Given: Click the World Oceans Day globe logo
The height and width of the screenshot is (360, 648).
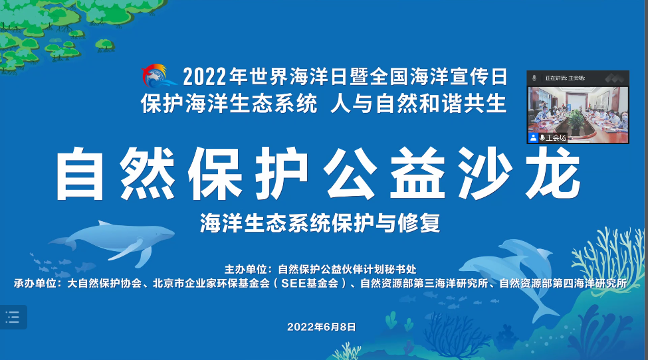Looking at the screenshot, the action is pyautogui.click(x=159, y=76).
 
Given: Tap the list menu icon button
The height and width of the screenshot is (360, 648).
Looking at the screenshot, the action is pyautogui.click(x=13, y=317).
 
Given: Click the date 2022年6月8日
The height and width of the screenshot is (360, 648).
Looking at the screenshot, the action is pyautogui.click(x=322, y=327).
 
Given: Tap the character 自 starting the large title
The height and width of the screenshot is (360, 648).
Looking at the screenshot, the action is pyautogui.click(x=80, y=174).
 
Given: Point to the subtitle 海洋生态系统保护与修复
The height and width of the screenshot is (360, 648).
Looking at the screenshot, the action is pyautogui.click(x=320, y=223).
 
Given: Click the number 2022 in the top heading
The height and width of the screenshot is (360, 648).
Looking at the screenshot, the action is pyautogui.click(x=205, y=76).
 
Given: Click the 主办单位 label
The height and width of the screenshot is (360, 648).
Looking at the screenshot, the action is pyautogui.click(x=245, y=270).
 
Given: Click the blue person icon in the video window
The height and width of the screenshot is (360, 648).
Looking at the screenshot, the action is pyautogui.click(x=533, y=138).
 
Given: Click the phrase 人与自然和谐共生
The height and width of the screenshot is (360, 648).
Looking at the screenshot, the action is pyautogui.click(x=419, y=103).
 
